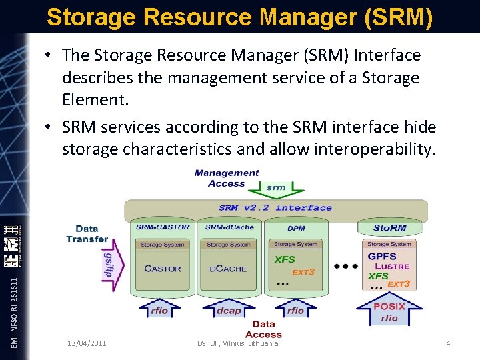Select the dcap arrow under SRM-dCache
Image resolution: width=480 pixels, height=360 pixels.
coord(229,309)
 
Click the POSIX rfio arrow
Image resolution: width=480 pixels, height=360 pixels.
coord(389,311)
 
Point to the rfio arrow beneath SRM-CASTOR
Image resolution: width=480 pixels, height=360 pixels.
coord(160,309)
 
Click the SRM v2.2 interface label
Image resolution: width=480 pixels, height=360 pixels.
coord(275,207)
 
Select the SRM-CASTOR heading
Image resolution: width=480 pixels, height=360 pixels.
coord(163,227)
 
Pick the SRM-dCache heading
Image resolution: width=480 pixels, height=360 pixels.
coord(229,227)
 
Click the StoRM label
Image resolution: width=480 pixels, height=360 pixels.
coord(390,227)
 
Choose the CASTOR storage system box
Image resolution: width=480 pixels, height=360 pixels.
coord(163,269)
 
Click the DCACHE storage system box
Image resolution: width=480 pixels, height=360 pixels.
coord(228,269)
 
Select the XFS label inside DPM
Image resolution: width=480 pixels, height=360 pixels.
coord(285,260)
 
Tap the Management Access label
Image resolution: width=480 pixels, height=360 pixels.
coord(227,178)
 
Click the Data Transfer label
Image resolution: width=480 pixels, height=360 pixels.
coord(87,234)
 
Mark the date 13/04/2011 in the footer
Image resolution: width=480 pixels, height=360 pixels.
coord(87,343)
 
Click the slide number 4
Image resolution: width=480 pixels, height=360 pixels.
coord(448,343)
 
